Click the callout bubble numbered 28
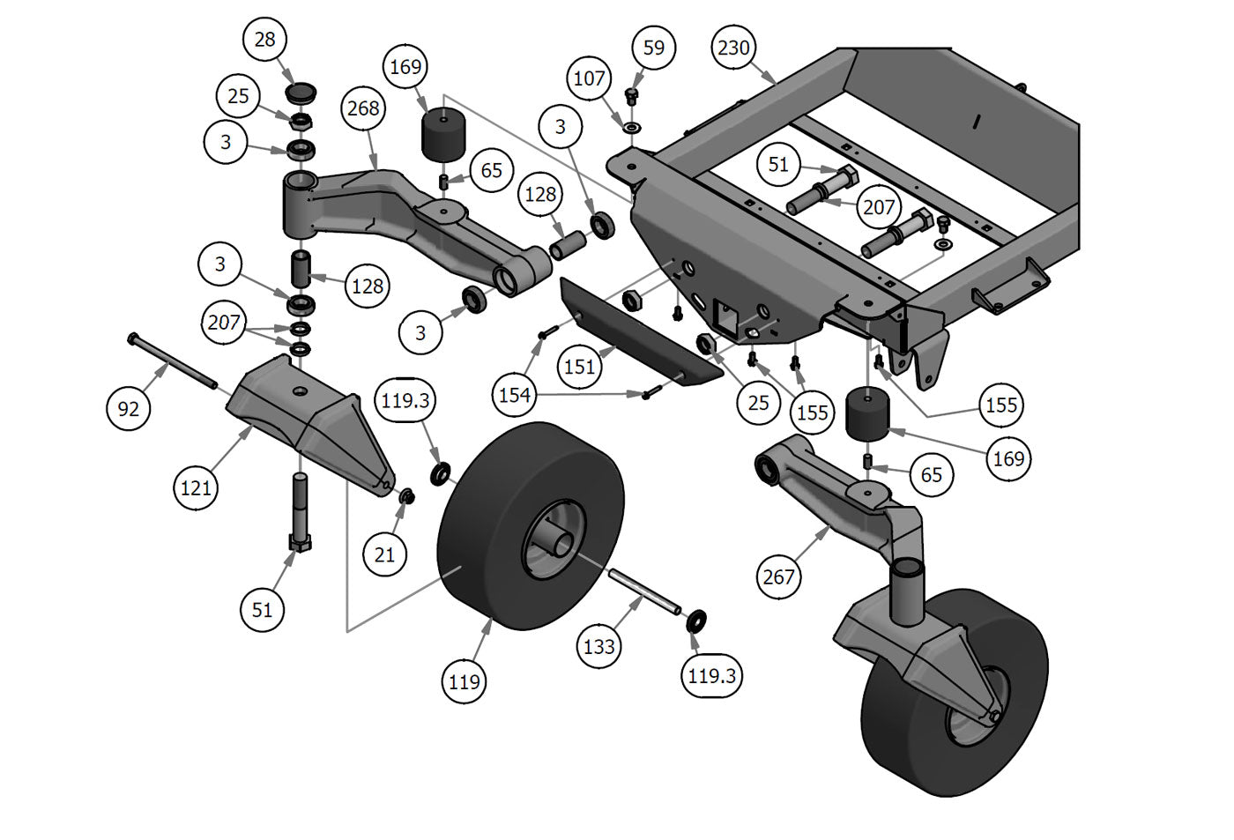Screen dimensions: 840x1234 point(264,39)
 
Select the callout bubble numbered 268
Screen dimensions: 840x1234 point(363,108)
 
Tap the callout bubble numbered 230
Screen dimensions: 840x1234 point(733,48)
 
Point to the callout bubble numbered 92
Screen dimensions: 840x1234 point(129,408)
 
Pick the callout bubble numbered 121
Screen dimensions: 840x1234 point(196,487)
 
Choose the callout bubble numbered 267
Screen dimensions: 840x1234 point(779,576)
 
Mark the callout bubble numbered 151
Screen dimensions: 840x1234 point(579,366)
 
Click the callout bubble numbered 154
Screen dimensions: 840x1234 point(515,394)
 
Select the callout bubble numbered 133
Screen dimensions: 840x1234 point(599,646)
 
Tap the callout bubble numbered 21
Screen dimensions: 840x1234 point(385,554)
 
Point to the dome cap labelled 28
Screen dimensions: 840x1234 point(302,92)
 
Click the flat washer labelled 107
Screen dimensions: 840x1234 point(633,129)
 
